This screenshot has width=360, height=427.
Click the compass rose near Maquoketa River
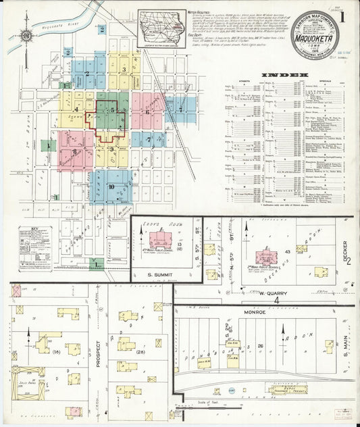point(26,35)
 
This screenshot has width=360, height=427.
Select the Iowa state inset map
point(162,28)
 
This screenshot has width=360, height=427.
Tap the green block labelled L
point(97,262)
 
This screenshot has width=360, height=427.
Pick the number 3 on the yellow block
point(124,69)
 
